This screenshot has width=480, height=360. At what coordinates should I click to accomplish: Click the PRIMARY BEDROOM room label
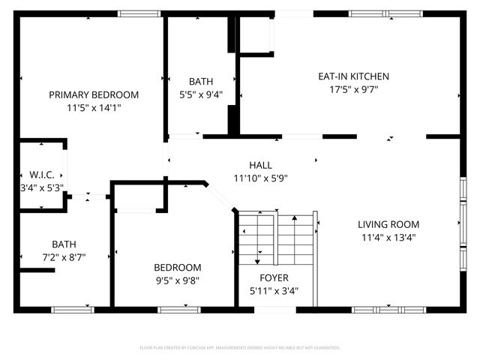pos(94,94)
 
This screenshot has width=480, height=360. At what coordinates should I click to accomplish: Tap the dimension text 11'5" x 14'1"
pos(94,107)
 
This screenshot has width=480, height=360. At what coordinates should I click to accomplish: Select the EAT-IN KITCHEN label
pos(353,76)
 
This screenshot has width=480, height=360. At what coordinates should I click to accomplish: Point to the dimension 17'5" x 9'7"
pos(353,88)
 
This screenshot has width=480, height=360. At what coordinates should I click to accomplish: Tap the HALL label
pos(260,165)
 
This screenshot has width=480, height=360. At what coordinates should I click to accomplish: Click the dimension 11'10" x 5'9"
pos(260,178)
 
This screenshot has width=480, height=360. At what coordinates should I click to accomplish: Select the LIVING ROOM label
pos(388,224)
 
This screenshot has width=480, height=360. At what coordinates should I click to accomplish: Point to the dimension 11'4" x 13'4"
pos(388,237)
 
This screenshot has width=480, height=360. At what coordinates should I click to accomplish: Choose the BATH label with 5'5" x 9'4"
pos(201,82)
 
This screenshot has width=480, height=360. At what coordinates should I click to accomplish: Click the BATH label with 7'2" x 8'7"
pos(64,244)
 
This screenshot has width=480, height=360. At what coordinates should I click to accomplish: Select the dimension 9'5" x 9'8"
pos(178,280)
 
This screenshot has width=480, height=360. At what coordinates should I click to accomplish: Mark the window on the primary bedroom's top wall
pos(139,13)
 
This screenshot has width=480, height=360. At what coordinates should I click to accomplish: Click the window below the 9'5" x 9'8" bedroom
pos(179,309)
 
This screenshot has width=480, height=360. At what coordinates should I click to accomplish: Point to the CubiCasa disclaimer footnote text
pos(240,348)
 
